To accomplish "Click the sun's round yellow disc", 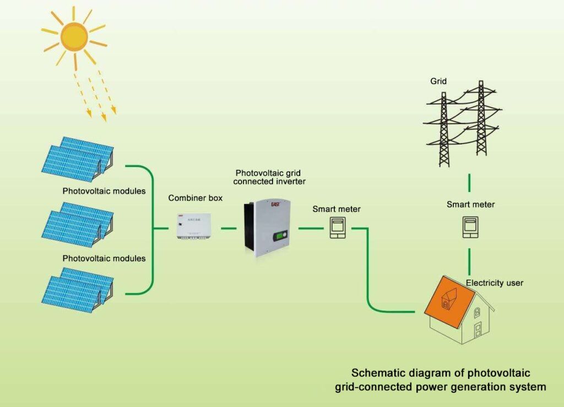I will [x=74, y=36].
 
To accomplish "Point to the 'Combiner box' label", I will [x=196, y=198].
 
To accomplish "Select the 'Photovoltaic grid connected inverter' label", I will [x=269, y=176].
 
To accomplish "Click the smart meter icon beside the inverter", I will [x=337, y=227].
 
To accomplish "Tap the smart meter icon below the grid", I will [x=470, y=226].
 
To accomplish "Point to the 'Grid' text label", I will [x=438, y=81].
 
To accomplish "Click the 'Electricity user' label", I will [x=494, y=283].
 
